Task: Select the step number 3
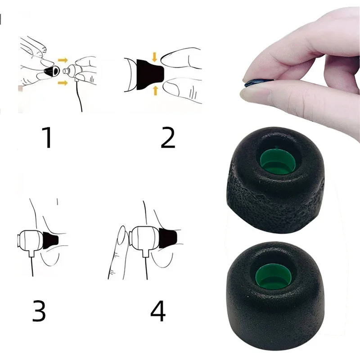click(x=39, y=310)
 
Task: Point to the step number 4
click(x=158, y=310)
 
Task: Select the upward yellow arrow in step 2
click(x=155, y=90)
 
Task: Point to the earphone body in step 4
click(x=145, y=240)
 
